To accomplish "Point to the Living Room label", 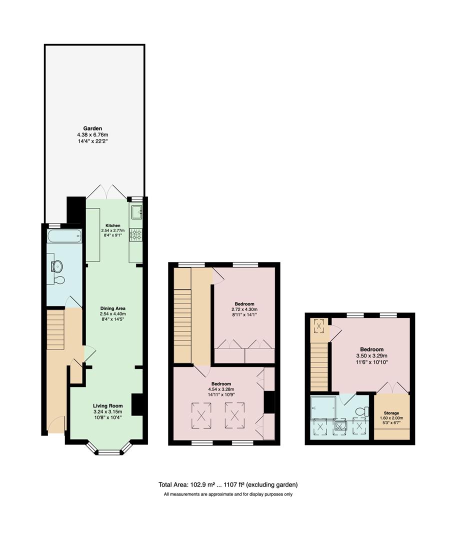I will pos(107,405).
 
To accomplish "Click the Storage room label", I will pos(391,413).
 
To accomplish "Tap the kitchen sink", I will pos(136,213).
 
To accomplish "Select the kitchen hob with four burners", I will pos(136,234).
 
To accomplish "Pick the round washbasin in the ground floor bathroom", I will pos(56,265).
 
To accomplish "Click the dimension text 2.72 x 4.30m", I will pos(244,310).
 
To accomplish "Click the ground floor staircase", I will pos(56,330).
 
